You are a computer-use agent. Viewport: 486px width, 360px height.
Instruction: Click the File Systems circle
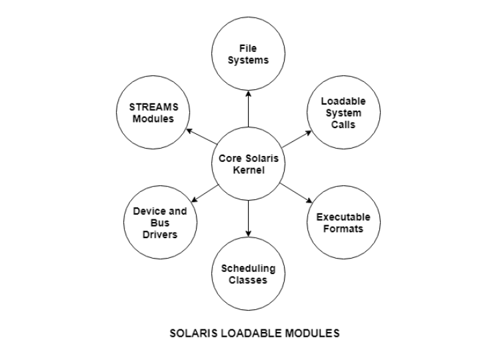click(x=248, y=53)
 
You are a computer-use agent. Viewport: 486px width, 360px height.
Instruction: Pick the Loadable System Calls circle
click(x=343, y=112)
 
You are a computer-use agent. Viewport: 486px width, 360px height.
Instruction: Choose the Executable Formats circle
click(x=343, y=223)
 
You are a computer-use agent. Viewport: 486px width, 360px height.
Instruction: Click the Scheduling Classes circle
click(x=248, y=273)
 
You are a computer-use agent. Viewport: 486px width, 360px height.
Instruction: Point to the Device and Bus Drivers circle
click(x=160, y=223)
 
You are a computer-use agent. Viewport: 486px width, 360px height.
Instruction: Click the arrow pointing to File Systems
click(x=248, y=109)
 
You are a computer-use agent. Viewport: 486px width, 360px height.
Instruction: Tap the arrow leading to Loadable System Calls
click(x=296, y=139)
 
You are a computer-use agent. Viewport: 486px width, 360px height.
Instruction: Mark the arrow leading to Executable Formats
click(x=296, y=192)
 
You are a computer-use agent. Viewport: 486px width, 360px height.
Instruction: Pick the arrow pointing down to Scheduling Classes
click(x=248, y=219)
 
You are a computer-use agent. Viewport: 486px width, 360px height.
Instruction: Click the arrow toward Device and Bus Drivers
click(x=204, y=192)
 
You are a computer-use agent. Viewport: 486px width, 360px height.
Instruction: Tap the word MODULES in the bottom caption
click(x=312, y=333)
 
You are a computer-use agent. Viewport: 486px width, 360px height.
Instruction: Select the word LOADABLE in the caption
click(x=250, y=333)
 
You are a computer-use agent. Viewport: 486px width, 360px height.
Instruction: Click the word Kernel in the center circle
click(x=248, y=170)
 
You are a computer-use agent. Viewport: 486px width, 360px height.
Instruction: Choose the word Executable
click(x=343, y=217)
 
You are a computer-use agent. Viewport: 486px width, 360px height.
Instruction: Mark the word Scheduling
click(x=248, y=268)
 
